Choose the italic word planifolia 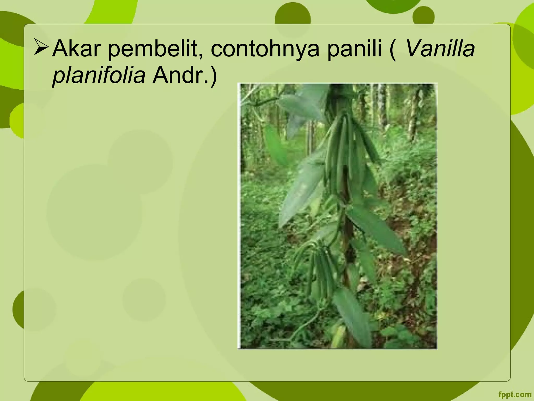[x=99, y=75]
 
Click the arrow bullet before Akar [x=41, y=47]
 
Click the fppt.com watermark [x=515, y=394]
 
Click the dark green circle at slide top [x=293, y=18]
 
